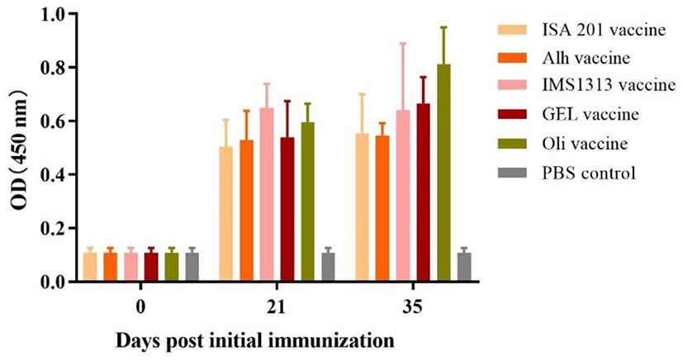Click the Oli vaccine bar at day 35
tap(444, 173)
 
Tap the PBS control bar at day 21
tap(328, 267)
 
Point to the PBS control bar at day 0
tap(192, 267)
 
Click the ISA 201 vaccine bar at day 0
tap(90, 267)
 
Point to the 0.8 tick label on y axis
tap(57, 68)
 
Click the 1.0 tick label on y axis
tap(57, 14)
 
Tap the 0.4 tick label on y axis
tap(57, 175)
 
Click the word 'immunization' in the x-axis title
tap(331, 339)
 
